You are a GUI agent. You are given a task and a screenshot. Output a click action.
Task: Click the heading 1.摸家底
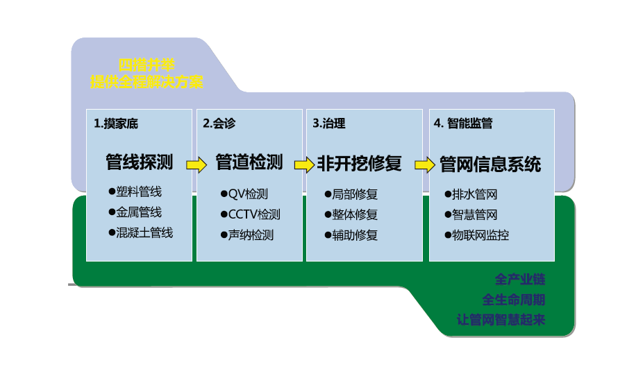[116, 124]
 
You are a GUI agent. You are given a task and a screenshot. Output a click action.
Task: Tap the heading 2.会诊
[219, 124]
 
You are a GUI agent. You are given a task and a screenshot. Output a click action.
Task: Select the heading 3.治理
[328, 124]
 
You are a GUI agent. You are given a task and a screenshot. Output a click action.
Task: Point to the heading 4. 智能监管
[463, 124]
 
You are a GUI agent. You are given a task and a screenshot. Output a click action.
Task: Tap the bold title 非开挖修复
[359, 164]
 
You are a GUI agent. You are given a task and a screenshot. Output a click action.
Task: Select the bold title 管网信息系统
[490, 165]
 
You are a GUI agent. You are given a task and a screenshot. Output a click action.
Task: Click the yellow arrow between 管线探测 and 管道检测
[197, 165]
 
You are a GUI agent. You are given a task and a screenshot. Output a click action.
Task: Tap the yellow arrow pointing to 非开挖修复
[304, 165]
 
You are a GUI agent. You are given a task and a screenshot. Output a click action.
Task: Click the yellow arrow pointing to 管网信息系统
[425, 165]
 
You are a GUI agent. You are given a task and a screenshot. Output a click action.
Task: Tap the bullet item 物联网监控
[476, 235]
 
